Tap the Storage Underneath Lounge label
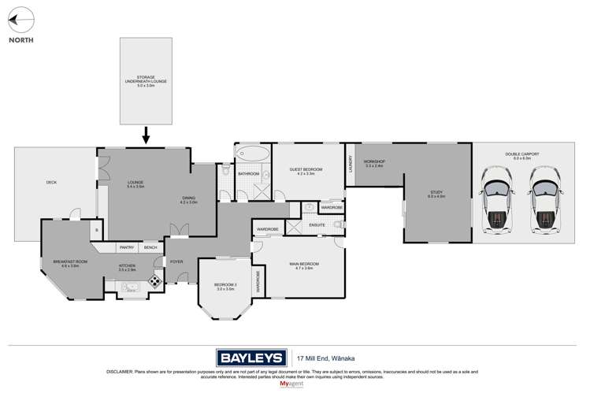(146, 80)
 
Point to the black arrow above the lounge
(146, 135)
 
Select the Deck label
(51, 183)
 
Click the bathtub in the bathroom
(253, 153)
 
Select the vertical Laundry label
(350, 163)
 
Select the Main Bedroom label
(303, 265)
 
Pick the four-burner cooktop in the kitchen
(155, 280)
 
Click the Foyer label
(177, 261)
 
